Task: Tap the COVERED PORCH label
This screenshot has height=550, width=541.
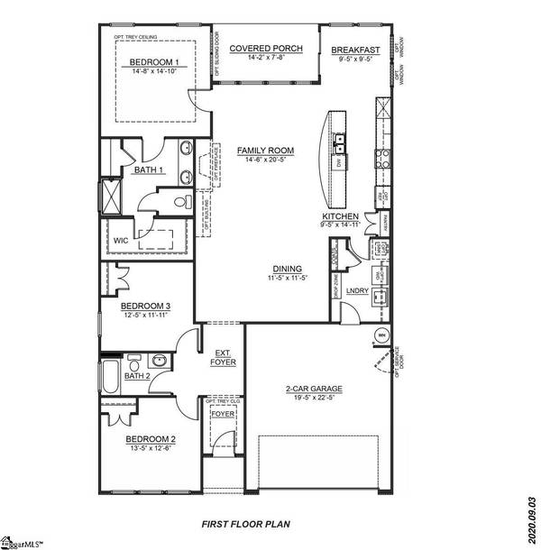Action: pyautogui.click(x=265, y=48)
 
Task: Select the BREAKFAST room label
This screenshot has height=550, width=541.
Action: pyautogui.click(x=353, y=50)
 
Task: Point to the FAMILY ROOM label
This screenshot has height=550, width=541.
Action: pyautogui.click(x=265, y=151)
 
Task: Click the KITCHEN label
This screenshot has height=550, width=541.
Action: pyautogui.click(x=341, y=217)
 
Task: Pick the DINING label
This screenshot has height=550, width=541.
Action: pyautogui.click(x=289, y=268)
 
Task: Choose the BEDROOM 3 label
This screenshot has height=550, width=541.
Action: pyautogui.click(x=146, y=307)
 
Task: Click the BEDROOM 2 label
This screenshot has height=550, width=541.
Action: pyautogui.click(x=149, y=439)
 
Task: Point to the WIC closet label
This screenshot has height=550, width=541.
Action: pyautogui.click(x=123, y=241)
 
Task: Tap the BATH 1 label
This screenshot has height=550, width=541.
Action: pyautogui.click(x=150, y=170)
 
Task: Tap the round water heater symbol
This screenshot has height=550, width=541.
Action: pyautogui.click(x=381, y=336)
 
